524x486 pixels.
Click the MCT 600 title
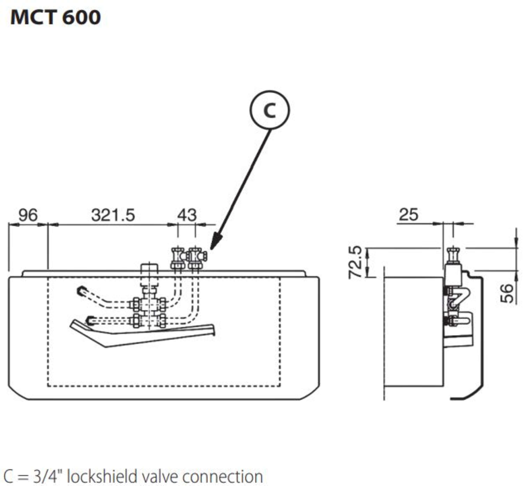point(55,17)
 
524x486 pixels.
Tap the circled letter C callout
point(270,110)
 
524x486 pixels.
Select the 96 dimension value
point(28,215)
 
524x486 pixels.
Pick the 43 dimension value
point(187,215)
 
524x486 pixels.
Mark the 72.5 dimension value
point(355,262)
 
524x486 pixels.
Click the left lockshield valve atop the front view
point(177,257)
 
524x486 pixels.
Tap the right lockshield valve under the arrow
point(196,257)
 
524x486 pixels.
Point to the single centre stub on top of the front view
point(149,269)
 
